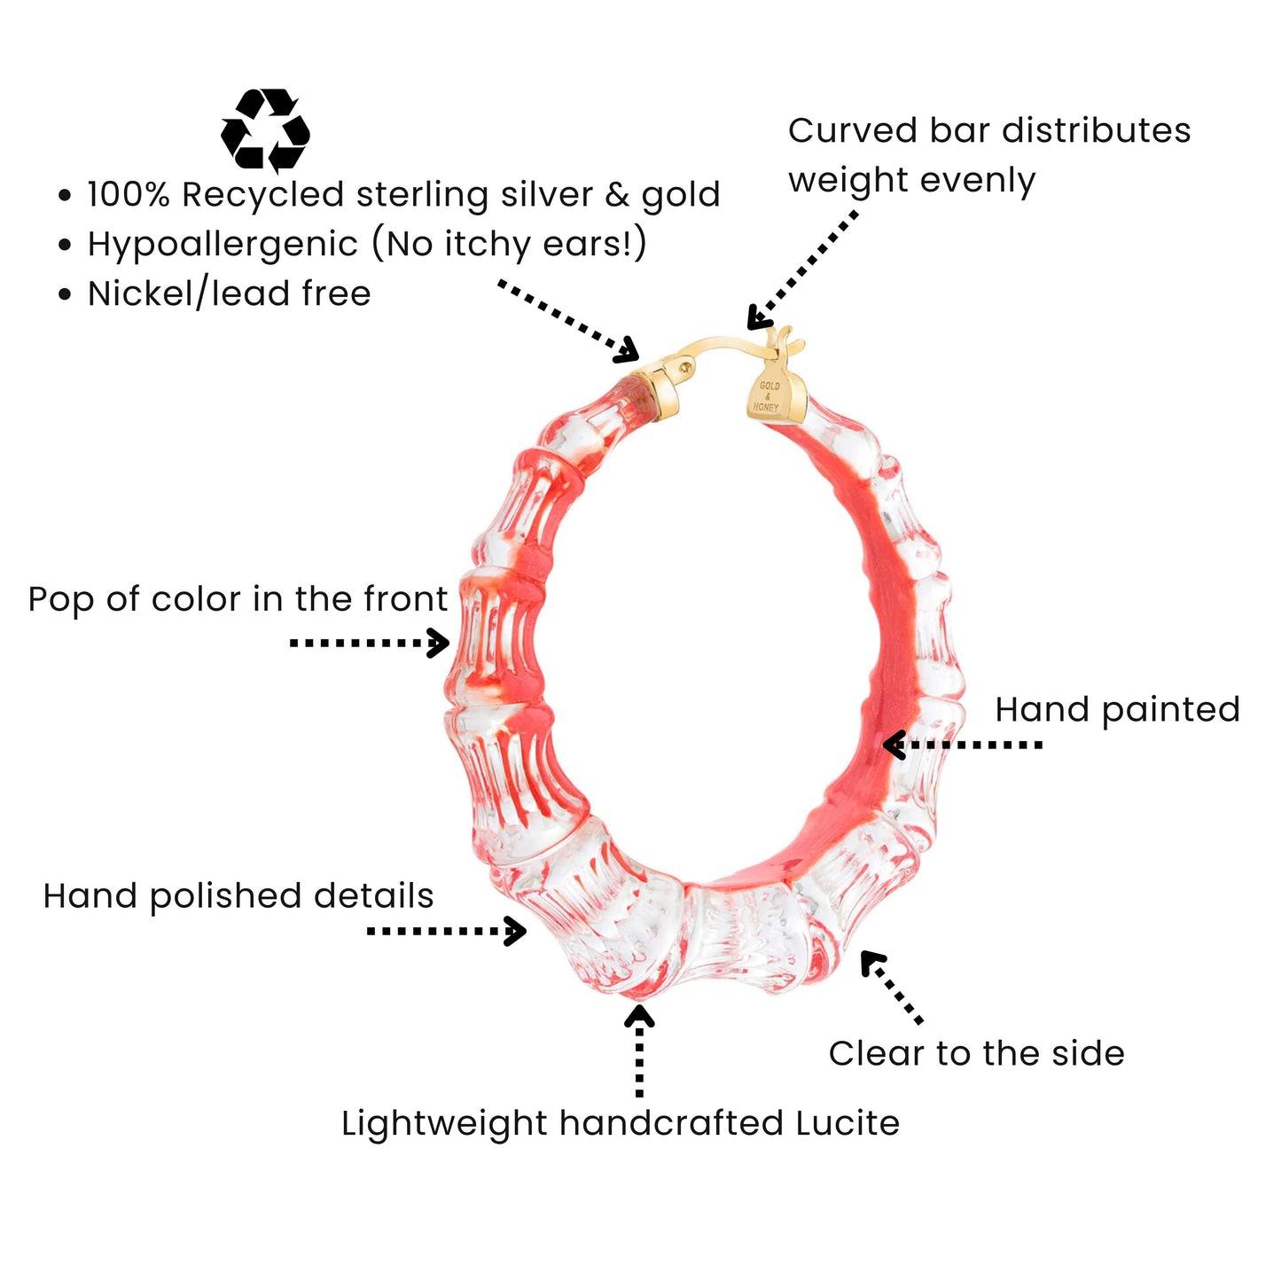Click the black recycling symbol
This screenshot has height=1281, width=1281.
click(265, 130)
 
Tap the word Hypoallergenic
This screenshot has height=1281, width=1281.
click(223, 244)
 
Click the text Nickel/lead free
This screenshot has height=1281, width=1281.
click(229, 293)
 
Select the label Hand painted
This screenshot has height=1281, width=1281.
click(1117, 709)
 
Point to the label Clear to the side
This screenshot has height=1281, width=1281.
click(976, 1053)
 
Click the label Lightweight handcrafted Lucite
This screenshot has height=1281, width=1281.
click(621, 1123)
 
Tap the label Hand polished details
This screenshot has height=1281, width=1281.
click(238, 896)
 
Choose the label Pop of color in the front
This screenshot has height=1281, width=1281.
click(238, 599)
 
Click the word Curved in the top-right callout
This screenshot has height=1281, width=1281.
click(852, 131)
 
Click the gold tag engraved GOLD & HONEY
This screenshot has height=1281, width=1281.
click(773, 395)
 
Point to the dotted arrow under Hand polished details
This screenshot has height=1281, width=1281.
click(447, 931)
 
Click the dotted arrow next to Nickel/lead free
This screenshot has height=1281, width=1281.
click(568, 321)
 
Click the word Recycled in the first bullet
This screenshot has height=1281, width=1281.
click(263, 195)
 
